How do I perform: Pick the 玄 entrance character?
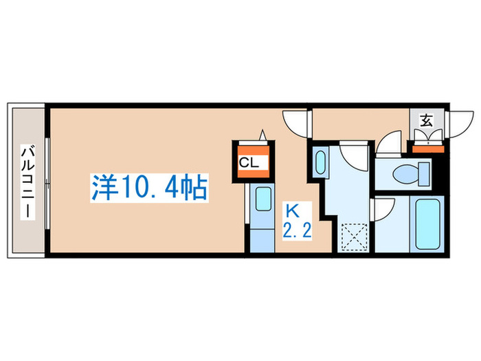pyautogui.click(x=426, y=122)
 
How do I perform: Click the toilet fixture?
pyautogui.click(x=410, y=173)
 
